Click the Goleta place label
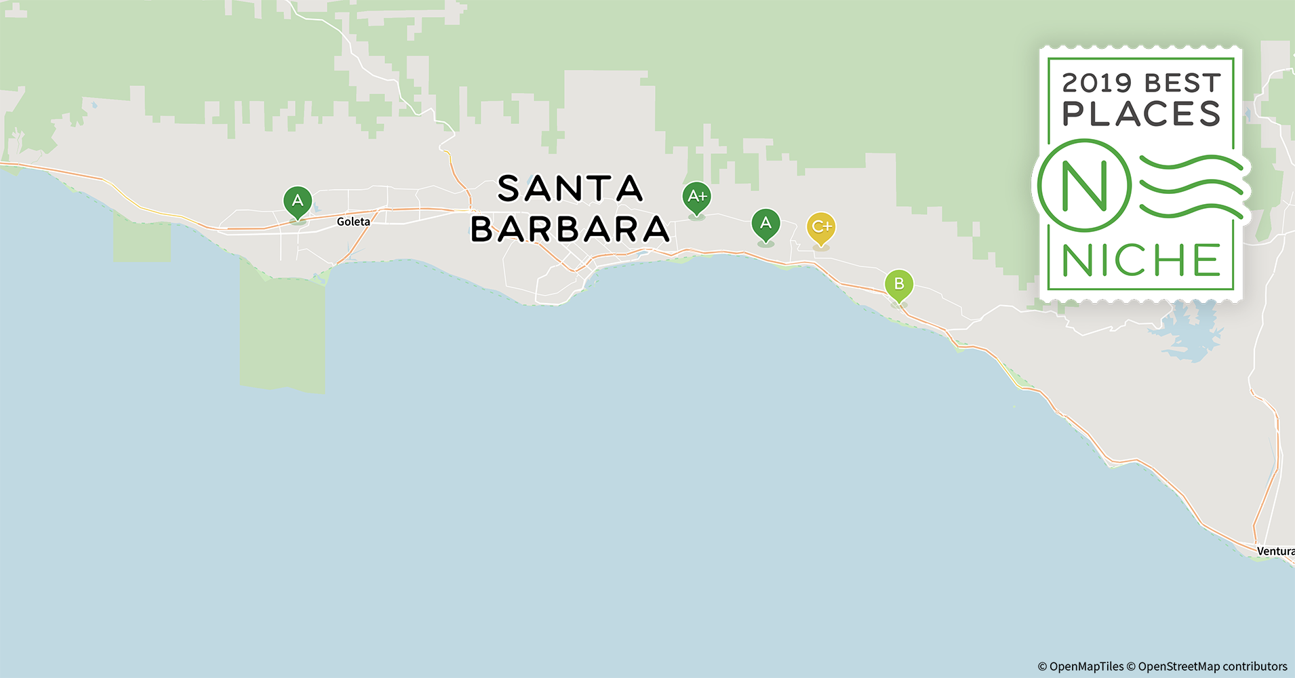(x=353, y=222)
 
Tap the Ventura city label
(x=1275, y=551)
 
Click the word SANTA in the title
(x=570, y=189)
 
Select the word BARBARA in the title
(x=570, y=229)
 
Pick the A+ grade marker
(x=696, y=197)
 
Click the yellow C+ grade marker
(x=821, y=228)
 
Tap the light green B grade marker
(x=899, y=284)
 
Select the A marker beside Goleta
(x=297, y=201)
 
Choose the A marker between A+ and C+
(x=765, y=224)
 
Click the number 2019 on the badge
(x=1097, y=83)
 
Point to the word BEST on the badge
(x=1182, y=83)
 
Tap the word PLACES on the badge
(x=1141, y=114)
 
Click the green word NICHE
(x=1141, y=260)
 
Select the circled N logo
(x=1083, y=185)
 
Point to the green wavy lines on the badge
(x=1190, y=186)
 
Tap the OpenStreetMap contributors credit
(x=1207, y=666)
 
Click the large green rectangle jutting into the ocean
(x=283, y=332)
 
